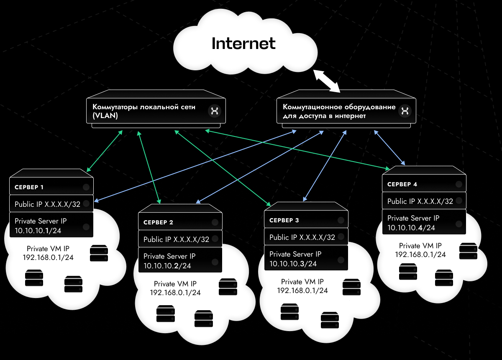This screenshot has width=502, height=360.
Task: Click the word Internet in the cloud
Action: (x=243, y=43)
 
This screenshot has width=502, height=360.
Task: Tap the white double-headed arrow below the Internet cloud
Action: (x=327, y=81)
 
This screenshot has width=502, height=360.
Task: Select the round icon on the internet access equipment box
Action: (x=405, y=111)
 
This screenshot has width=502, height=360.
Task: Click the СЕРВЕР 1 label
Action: (x=29, y=187)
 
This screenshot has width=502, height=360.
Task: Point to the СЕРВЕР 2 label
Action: (x=158, y=222)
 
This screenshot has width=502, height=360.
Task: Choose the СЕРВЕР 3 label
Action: (x=284, y=220)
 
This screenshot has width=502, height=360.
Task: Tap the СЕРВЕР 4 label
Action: (x=402, y=184)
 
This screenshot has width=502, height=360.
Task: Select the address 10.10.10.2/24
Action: (x=167, y=265)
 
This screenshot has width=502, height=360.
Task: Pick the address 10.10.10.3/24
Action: (x=293, y=263)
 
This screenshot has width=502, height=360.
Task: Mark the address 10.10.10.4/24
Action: (x=411, y=228)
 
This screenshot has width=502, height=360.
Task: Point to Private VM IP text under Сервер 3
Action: (x=302, y=282)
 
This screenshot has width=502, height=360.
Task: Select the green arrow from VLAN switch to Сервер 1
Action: (x=104, y=151)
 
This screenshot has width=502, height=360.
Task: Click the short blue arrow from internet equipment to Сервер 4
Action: (x=389, y=147)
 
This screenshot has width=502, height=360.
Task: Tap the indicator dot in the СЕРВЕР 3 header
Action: (x=341, y=220)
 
